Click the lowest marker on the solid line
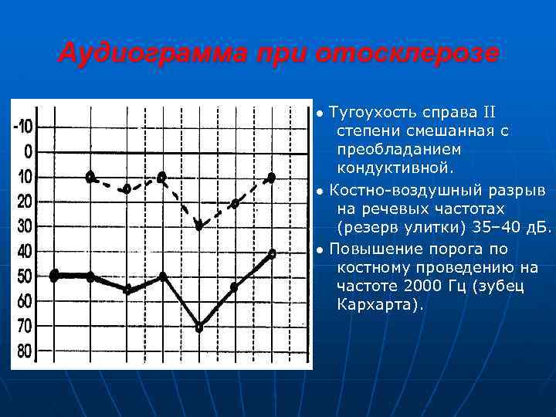tap(198, 327)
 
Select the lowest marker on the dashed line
tap(198, 225)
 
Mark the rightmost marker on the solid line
tap(271, 253)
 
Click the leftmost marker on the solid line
tap(54, 276)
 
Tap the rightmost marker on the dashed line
tap(271, 178)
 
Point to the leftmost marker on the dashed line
tap(90, 177)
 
